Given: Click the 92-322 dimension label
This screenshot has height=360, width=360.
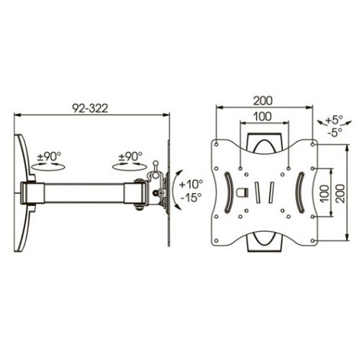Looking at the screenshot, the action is pyautogui.click(x=90, y=108).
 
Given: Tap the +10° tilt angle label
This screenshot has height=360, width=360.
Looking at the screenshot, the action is pyautogui.click(x=191, y=184).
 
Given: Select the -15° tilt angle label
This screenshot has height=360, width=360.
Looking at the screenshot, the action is pyautogui.click(x=191, y=198).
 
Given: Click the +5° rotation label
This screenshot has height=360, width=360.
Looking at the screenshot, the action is pyautogui.click(x=334, y=120).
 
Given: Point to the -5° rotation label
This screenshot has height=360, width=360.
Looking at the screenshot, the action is pyautogui.click(x=334, y=132).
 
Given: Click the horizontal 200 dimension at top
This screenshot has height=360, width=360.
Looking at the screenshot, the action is pyautogui.click(x=262, y=101).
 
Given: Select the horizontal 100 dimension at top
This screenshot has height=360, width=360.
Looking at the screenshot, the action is pyautogui.click(x=262, y=117).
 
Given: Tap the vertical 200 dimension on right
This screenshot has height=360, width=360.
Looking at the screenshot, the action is pyautogui.click(x=340, y=193).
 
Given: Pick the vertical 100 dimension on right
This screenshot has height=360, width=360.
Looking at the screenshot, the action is pyautogui.click(x=324, y=193).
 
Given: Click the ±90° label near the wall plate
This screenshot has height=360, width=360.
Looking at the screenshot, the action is pyautogui.click(x=50, y=156).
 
